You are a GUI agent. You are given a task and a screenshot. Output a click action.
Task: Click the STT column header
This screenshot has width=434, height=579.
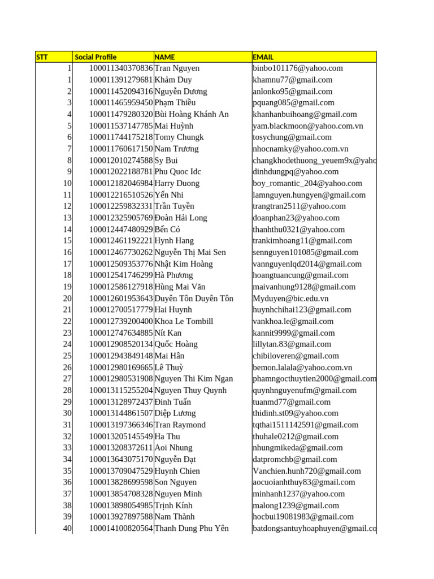[x=42, y=57]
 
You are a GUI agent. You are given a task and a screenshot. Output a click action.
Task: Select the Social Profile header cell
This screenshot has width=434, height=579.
[x=96, y=57]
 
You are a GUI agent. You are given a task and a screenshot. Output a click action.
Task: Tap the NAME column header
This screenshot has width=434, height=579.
[x=165, y=57]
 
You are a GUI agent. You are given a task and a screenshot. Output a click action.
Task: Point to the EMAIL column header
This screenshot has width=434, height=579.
[x=263, y=57]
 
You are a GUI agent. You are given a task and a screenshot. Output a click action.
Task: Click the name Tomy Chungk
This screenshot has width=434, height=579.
[x=179, y=137]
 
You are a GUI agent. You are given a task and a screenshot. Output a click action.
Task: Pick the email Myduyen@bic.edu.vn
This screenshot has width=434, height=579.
[x=290, y=299]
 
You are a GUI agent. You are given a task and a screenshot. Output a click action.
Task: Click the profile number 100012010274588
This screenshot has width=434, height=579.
[x=121, y=161]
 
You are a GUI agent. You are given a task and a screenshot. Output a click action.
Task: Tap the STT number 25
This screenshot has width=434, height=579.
[x=67, y=356]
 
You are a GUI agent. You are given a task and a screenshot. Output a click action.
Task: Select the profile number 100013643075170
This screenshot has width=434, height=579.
[x=121, y=459]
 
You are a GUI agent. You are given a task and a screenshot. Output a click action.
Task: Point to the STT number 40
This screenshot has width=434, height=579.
[x=67, y=528]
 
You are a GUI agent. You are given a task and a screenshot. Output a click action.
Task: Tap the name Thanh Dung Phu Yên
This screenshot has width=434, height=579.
[x=192, y=528]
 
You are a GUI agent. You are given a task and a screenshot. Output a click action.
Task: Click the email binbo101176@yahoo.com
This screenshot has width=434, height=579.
[x=298, y=68]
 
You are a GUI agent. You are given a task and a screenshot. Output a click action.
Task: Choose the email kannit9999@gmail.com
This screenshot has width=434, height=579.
[x=294, y=333]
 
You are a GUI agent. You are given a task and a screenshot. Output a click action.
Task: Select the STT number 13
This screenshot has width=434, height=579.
[x=67, y=218]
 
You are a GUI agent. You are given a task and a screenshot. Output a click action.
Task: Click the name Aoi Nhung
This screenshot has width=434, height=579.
[x=173, y=448]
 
